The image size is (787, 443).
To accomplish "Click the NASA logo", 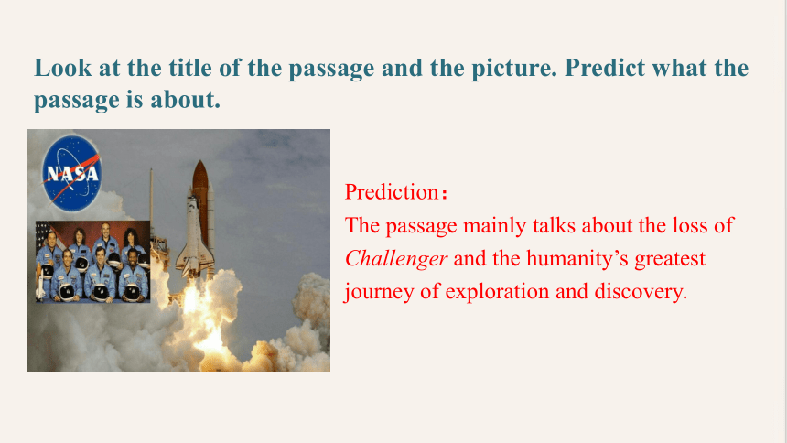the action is point(70,173).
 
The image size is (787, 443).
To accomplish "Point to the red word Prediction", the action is point(392,192).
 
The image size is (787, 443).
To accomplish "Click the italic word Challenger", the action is point(396,260).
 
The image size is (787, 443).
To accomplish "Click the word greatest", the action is point(670,260).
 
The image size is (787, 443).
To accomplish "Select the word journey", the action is point(379,293).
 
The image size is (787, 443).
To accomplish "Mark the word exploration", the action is point(497,293).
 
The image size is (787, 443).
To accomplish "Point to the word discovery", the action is point(641,293).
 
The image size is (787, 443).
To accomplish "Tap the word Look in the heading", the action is point(63,68).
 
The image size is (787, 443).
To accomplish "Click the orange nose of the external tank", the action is point(200,173).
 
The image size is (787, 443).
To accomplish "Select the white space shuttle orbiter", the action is point(194,236).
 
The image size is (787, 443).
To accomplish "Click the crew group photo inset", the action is point(92,262).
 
